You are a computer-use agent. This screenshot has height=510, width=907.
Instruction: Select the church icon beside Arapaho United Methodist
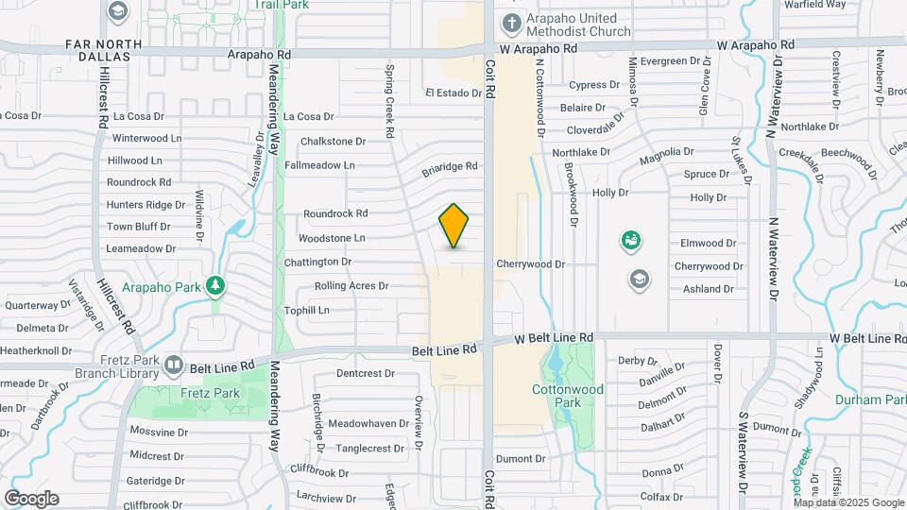[x=511, y=23]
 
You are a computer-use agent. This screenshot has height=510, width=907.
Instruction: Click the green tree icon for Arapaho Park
[x=216, y=284]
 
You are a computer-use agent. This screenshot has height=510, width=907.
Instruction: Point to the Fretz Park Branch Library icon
[x=173, y=365]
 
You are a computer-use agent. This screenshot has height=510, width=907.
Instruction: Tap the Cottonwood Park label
[x=567, y=395]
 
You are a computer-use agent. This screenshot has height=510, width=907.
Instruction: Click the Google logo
[x=31, y=499]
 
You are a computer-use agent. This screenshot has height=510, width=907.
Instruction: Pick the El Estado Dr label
[x=453, y=93]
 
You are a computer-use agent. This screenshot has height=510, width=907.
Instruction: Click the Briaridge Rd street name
[x=450, y=167]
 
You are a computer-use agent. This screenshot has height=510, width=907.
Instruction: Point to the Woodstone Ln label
[x=332, y=238]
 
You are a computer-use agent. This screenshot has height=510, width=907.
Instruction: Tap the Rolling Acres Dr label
[x=351, y=285]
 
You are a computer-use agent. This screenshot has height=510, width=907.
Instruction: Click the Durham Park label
[x=870, y=399]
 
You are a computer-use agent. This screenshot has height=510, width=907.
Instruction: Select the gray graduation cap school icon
[x=640, y=279]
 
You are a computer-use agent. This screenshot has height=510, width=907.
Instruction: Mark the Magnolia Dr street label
[x=666, y=151]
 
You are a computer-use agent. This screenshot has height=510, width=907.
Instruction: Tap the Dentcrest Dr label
[x=365, y=373]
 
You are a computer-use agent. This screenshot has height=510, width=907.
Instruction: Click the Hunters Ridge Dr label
[x=145, y=204]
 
